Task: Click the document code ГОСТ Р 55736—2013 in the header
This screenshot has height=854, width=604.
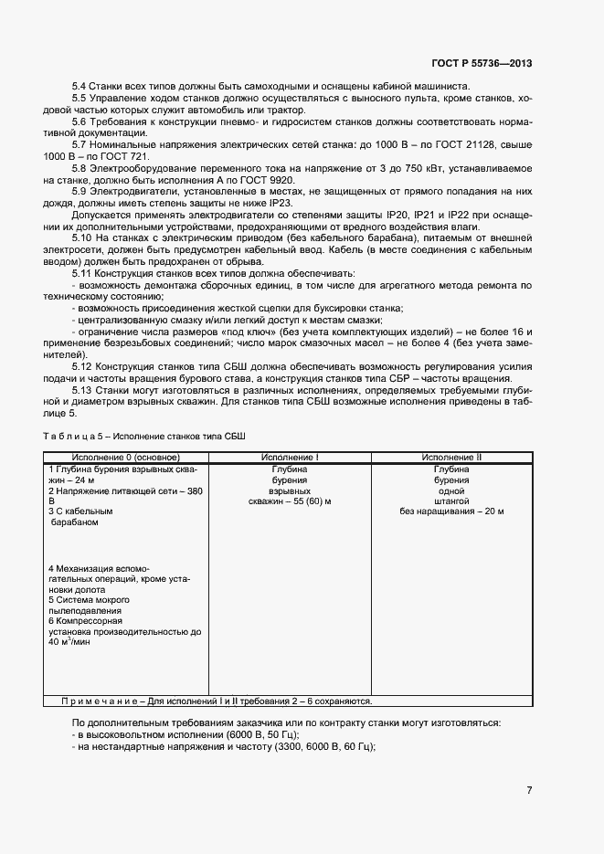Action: pos(482,64)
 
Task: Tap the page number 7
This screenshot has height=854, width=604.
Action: pos(529,790)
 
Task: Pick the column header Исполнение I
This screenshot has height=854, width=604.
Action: pos(290,457)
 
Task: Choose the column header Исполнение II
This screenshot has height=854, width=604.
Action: pos(451,457)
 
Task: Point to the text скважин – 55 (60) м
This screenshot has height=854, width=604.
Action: pos(289,501)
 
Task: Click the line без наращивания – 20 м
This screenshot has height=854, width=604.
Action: pos(451,511)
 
